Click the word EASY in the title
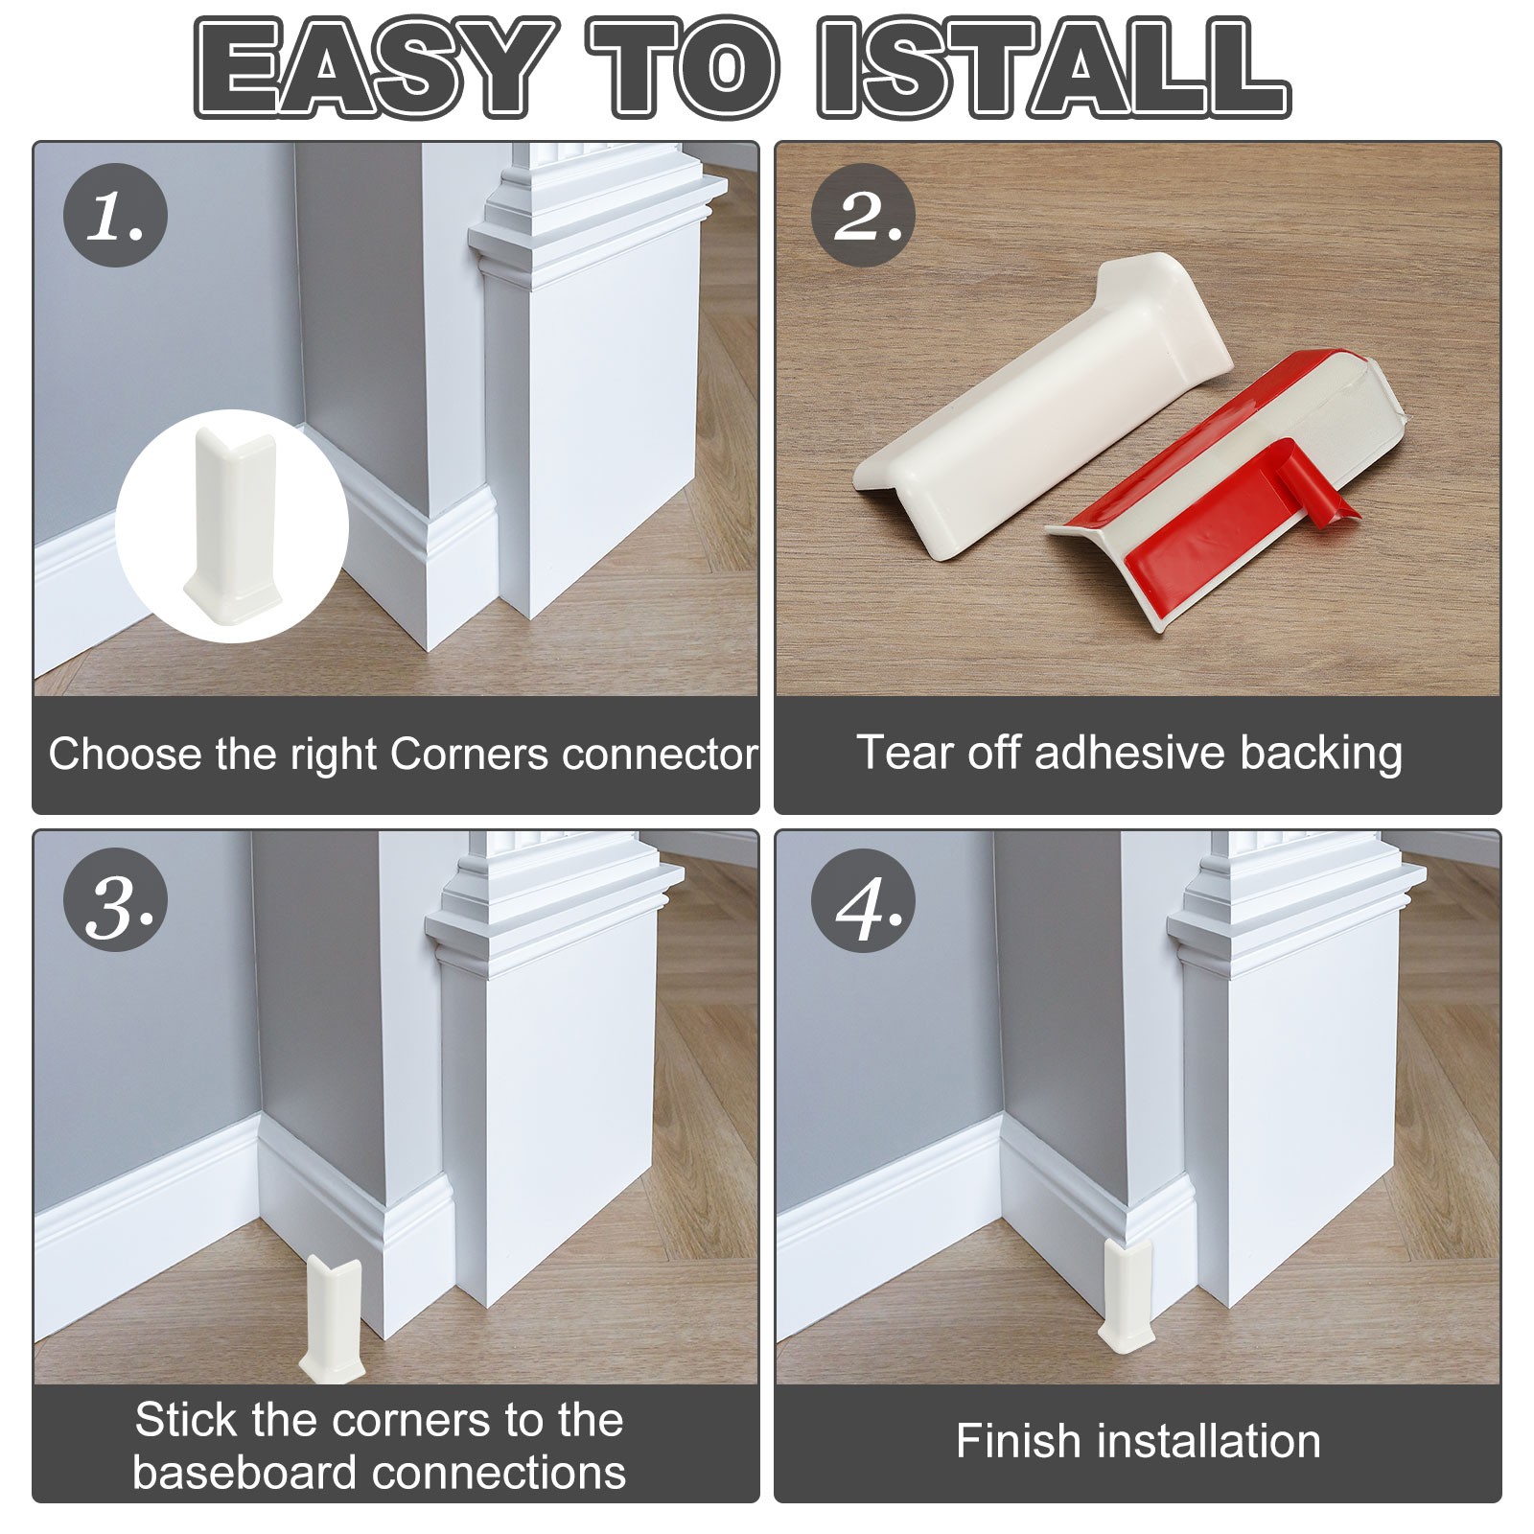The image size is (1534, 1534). (x=377, y=67)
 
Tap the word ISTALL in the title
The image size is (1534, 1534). (x=1054, y=67)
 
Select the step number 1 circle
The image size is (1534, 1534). (x=115, y=215)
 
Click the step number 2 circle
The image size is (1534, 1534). (x=863, y=215)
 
